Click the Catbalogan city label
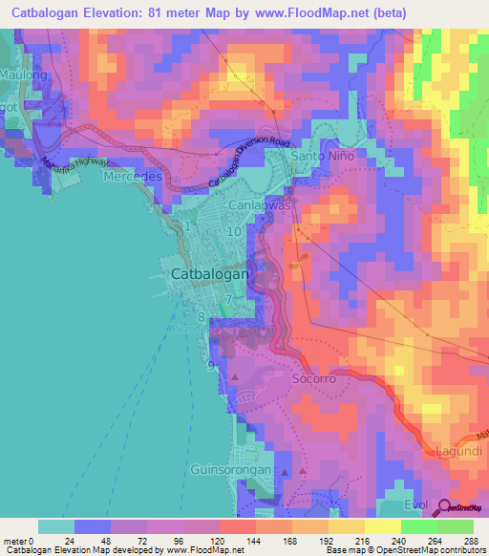coord(211,274)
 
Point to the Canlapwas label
coord(255,205)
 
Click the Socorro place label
coord(312,378)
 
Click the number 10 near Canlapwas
coord(234,231)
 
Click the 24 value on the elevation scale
coord(68,541)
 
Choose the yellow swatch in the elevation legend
coord(346,526)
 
